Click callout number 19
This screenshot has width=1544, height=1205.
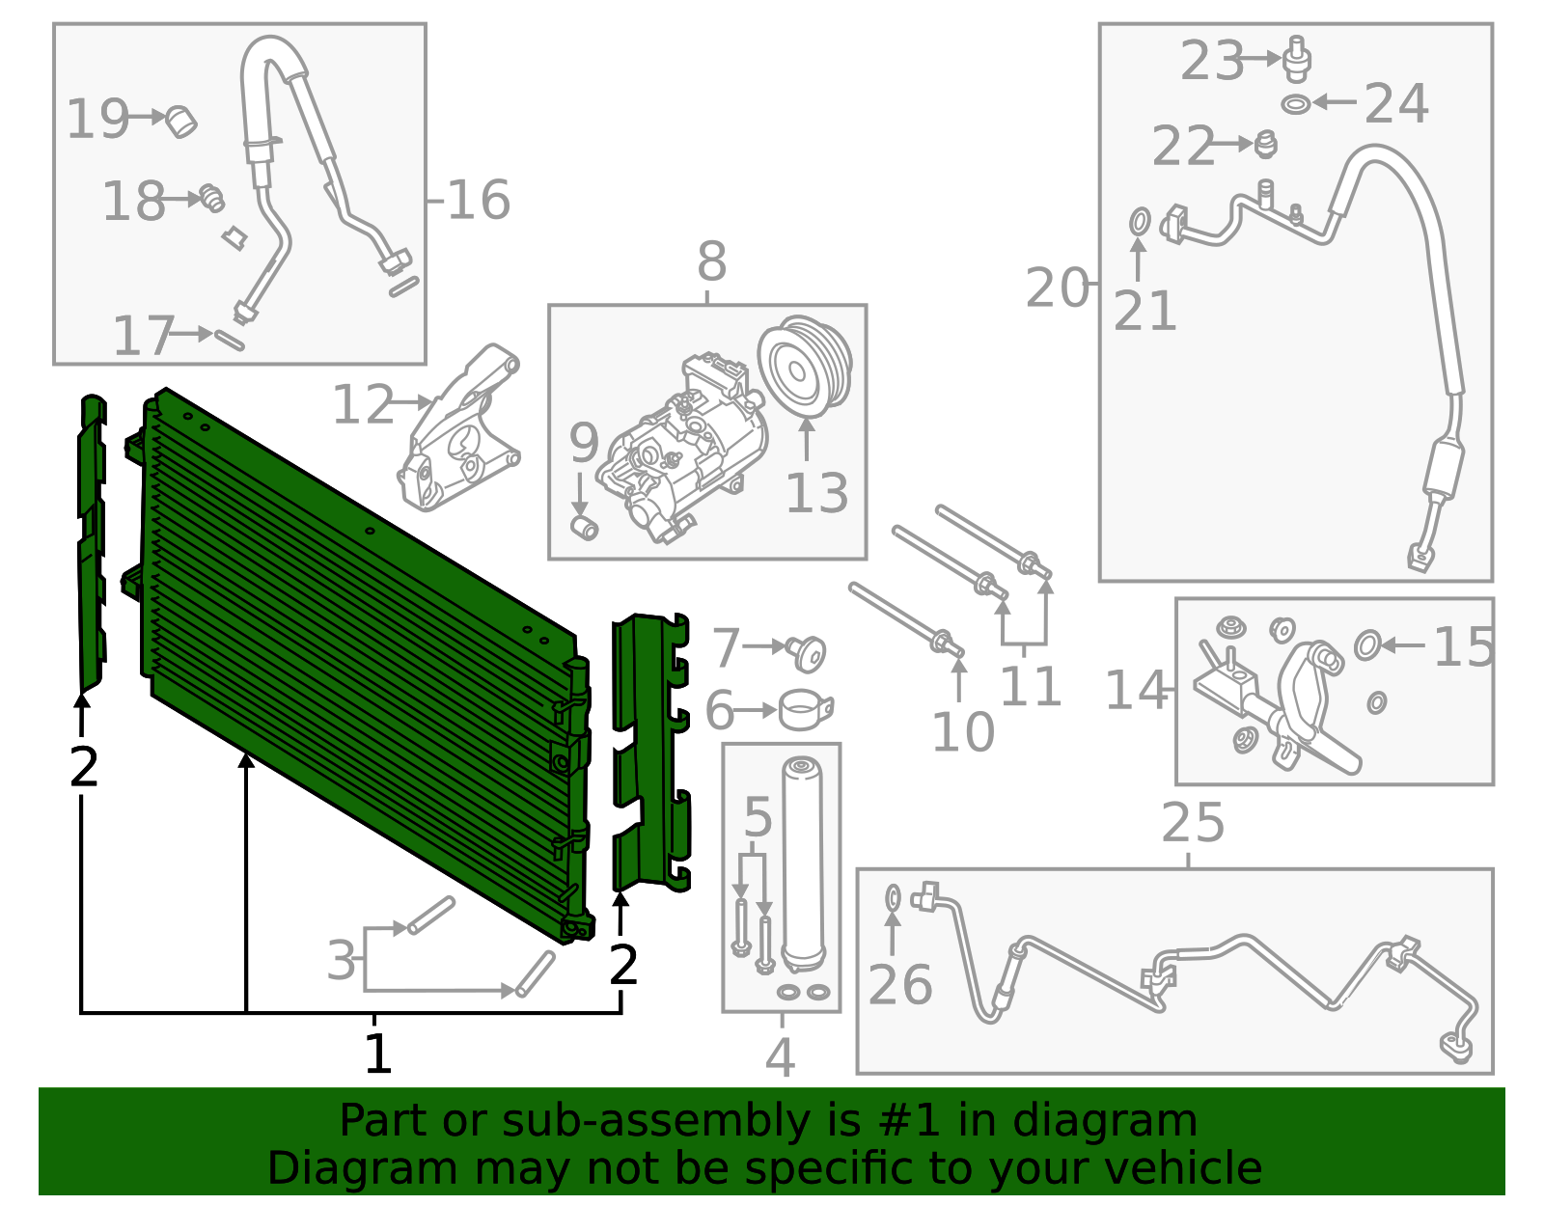[x=97, y=119]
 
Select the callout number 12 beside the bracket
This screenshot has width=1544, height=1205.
[x=363, y=405]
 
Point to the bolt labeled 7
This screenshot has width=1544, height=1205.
[x=807, y=653]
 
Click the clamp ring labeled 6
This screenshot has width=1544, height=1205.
[x=804, y=710]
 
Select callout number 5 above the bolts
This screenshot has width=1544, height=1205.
[x=758, y=818]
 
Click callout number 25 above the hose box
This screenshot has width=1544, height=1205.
[x=1193, y=823]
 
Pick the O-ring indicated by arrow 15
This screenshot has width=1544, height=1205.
[x=1367, y=644]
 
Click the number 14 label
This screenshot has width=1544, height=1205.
[x=1136, y=691]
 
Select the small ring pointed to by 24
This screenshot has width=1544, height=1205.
[x=1296, y=103]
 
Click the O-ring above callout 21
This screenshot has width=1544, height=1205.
[x=1140, y=222]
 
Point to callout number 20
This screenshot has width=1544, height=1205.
[x=1057, y=288]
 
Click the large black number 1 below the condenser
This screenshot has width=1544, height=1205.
[x=377, y=1053]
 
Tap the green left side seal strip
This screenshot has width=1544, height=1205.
[x=92, y=540]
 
